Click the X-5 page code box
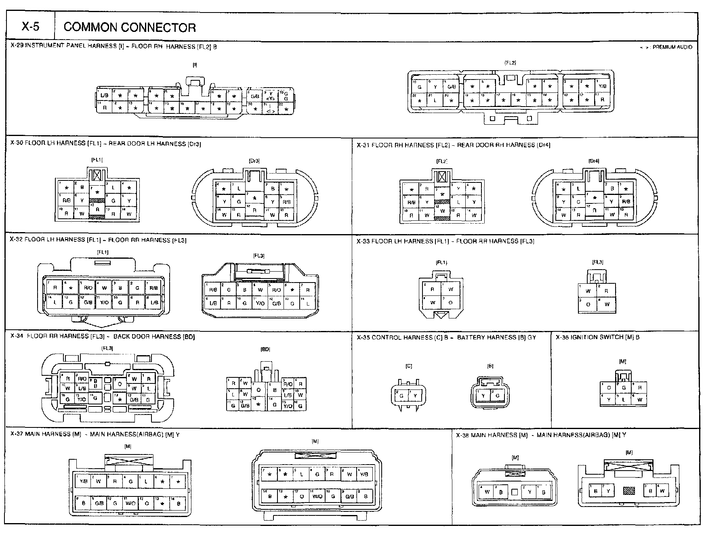click(x=30, y=27)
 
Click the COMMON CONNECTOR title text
click(x=130, y=27)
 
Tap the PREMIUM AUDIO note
click(x=666, y=47)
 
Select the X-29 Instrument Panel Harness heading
click(x=113, y=46)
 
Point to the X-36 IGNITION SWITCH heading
click(x=597, y=337)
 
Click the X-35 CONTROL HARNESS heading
click(x=446, y=337)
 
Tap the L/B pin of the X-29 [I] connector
click(x=104, y=95)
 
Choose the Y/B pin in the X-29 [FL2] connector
click(x=602, y=86)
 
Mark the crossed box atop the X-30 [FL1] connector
click(x=97, y=175)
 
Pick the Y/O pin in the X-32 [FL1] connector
click(x=104, y=302)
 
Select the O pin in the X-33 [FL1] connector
click(x=451, y=302)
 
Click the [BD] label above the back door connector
click(x=266, y=349)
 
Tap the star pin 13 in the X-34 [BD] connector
click(x=258, y=404)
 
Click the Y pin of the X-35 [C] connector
click(x=416, y=396)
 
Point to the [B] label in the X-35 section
click(x=490, y=366)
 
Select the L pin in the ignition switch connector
click(x=624, y=400)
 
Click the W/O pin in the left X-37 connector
click(x=130, y=503)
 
